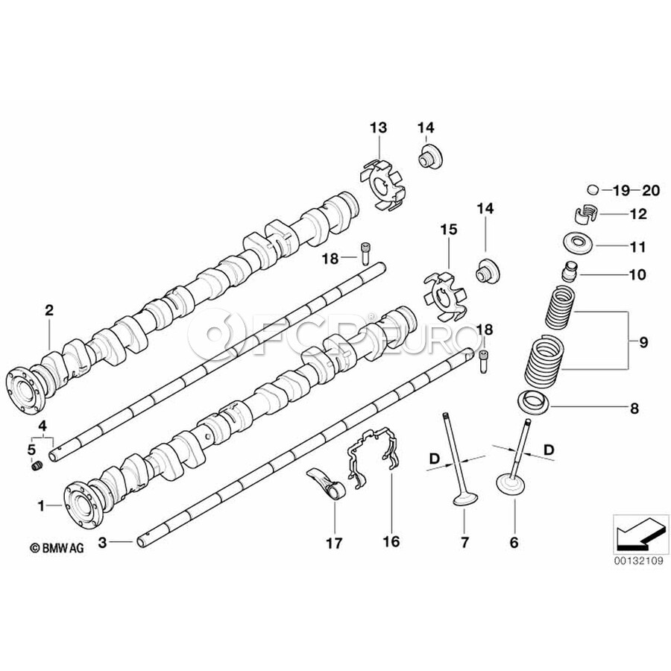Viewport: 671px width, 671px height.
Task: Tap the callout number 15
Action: (x=447, y=232)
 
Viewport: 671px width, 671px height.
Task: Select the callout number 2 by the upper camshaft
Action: (x=48, y=310)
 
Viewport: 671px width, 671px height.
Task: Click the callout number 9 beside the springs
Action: (x=643, y=343)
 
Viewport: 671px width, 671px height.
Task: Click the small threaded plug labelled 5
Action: (x=37, y=467)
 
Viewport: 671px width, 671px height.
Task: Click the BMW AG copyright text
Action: (x=57, y=548)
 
